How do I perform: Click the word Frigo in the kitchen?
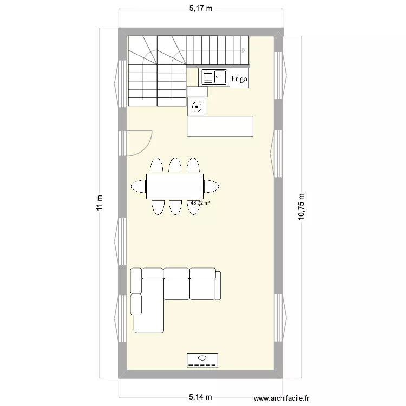(x=239, y=79)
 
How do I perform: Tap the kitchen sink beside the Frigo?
(x=214, y=77)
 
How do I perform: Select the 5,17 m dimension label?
(x=200, y=9)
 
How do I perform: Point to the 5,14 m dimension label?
(x=200, y=397)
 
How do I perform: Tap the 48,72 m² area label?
(x=200, y=204)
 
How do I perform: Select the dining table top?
(x=174, y=186)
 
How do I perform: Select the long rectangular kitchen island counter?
(x=220, y=126)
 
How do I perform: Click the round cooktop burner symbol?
(x=197, y=107)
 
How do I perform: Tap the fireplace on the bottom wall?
(x=202, y=360)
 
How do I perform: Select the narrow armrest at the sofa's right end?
(x=219, y=284)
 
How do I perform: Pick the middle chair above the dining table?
(x=174, y=165)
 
